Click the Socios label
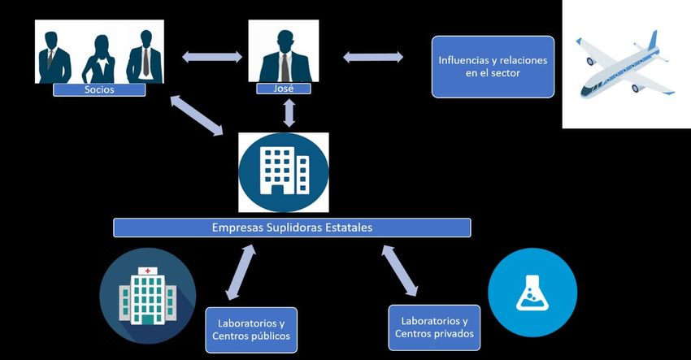[x=99, y=89]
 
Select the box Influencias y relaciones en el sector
[x=493, y=67]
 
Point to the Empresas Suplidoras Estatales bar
[x=292, y=228]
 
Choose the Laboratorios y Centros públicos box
[x=250, y=329]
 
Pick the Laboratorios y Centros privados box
[x=433, y=327]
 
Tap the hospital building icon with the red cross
[x=147, y=294]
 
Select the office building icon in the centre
[x=284, y=172]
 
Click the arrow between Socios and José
[x=211, y=56]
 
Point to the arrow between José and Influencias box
[x=373, y=56]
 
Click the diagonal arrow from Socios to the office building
[x=198, y=115]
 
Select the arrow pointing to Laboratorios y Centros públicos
[x=240, y=273]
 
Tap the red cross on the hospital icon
[x=147, y=270]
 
